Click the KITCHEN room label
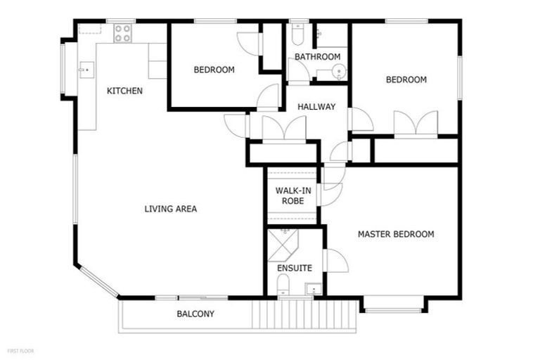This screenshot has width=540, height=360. pos(124,91)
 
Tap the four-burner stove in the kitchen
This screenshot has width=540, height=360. pos(122,32)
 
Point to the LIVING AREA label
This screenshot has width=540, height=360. pos(170,209)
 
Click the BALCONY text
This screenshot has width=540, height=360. pos(195,314)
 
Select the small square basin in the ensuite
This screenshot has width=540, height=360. pos(312,288)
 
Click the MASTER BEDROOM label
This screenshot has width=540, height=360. pos(395,234)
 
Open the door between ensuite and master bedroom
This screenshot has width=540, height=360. pos(335,260)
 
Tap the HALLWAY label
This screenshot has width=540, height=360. pos(316,107)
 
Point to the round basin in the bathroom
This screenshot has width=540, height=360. pos(339,71)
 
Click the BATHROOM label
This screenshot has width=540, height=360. pos(317,57)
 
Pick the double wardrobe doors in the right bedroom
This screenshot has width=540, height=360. pos(416,122)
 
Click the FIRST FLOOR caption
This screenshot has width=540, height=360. pos(20,350)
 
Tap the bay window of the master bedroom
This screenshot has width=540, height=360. pos(394,305)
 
